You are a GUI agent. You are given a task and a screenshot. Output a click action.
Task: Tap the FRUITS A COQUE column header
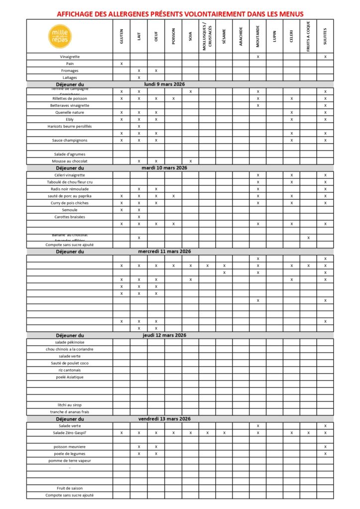308,36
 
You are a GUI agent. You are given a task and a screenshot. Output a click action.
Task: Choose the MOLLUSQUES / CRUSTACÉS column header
207,36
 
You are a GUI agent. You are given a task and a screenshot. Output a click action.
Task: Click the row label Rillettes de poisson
70,98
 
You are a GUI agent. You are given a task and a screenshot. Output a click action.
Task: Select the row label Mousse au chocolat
70,161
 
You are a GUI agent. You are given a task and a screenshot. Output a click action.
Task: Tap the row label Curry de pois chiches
70,203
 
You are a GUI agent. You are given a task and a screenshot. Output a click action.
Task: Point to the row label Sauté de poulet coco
70,363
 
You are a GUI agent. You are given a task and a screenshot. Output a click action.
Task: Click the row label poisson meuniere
70,446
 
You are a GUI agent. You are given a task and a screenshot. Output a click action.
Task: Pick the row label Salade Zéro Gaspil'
70,433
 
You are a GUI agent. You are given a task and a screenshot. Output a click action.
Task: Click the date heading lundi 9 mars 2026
165,84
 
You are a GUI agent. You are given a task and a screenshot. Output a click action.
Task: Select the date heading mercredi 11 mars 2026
165,252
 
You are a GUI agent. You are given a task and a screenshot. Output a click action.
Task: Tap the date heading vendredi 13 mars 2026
165,419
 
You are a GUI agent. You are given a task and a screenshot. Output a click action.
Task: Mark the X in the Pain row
121,64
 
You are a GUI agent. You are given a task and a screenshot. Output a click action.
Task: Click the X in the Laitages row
139,78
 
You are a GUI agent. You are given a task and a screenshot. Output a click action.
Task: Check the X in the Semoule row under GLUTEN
121,210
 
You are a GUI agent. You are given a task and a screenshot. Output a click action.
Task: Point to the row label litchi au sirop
70,405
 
